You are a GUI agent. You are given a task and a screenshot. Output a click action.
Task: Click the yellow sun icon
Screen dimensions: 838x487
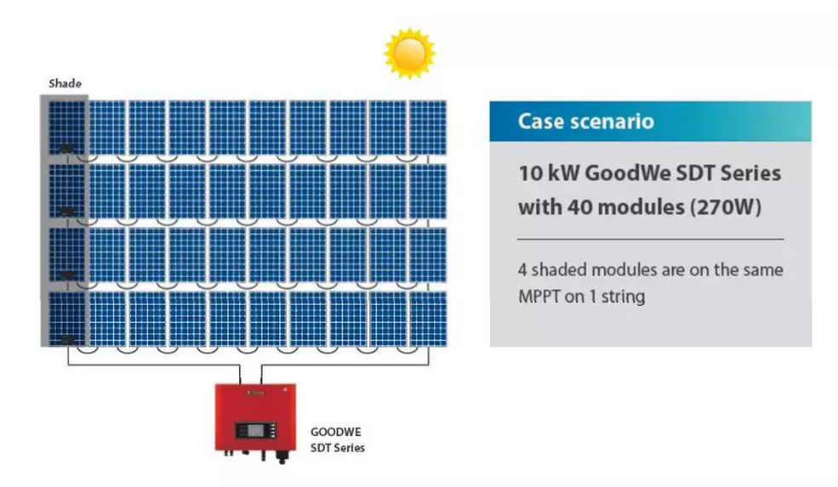(409, 54)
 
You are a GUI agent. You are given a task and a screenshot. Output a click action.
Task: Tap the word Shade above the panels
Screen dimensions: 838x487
(66, 83)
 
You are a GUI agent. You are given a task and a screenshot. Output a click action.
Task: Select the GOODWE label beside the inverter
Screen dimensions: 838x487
(336, 432)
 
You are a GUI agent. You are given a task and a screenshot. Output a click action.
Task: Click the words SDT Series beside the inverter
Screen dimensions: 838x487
(337, 448)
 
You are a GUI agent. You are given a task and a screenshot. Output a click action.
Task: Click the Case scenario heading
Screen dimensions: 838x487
(585, 122)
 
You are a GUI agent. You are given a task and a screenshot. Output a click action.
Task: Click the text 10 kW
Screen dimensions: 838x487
(549, 173)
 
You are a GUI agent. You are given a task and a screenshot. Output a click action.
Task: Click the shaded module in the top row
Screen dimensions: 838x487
(67, 127)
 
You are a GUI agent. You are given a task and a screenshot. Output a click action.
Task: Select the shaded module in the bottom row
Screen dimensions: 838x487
(67, 319)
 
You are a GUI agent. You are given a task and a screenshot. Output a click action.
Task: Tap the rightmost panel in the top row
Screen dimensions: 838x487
(428, 127)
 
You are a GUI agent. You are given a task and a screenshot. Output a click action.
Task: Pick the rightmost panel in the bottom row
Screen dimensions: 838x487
(428, 319)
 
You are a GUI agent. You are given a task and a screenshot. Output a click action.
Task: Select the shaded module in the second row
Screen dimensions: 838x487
(67, 191)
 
